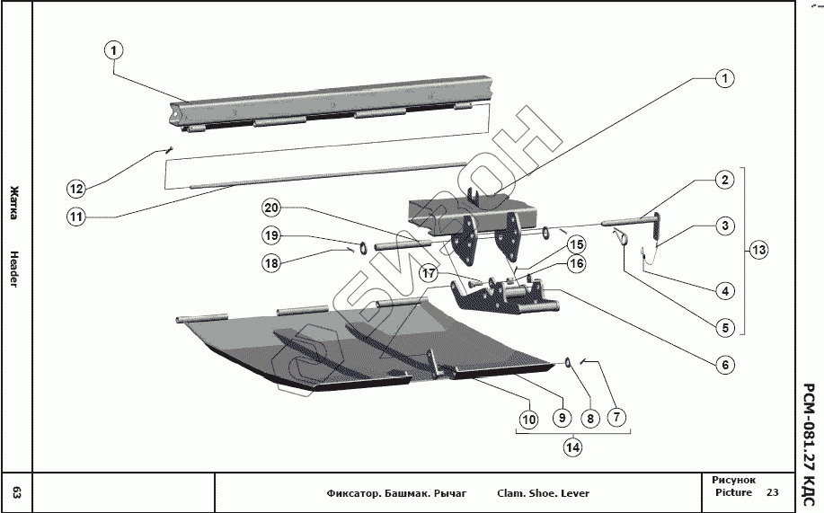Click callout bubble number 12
click(x=76, y=189)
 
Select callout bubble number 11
click(x=76, y=216)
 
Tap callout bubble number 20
click(x=272, y=208)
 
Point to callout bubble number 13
click(x=759, y=250)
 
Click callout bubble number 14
click(x=571, y=446)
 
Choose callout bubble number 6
click(x=724, y=365)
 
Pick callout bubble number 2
click(x=723, y=180)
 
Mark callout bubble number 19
click(x=272, y=235)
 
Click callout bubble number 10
click(x=528, y=418)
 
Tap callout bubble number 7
click(x=616, y=418)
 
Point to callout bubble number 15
click(x=576, y=243)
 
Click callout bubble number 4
click(x=724, y=291)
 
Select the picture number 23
click(x=773, y=492)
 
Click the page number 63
click(x=16, y=492)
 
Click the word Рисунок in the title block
click(x=733, y=481)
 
